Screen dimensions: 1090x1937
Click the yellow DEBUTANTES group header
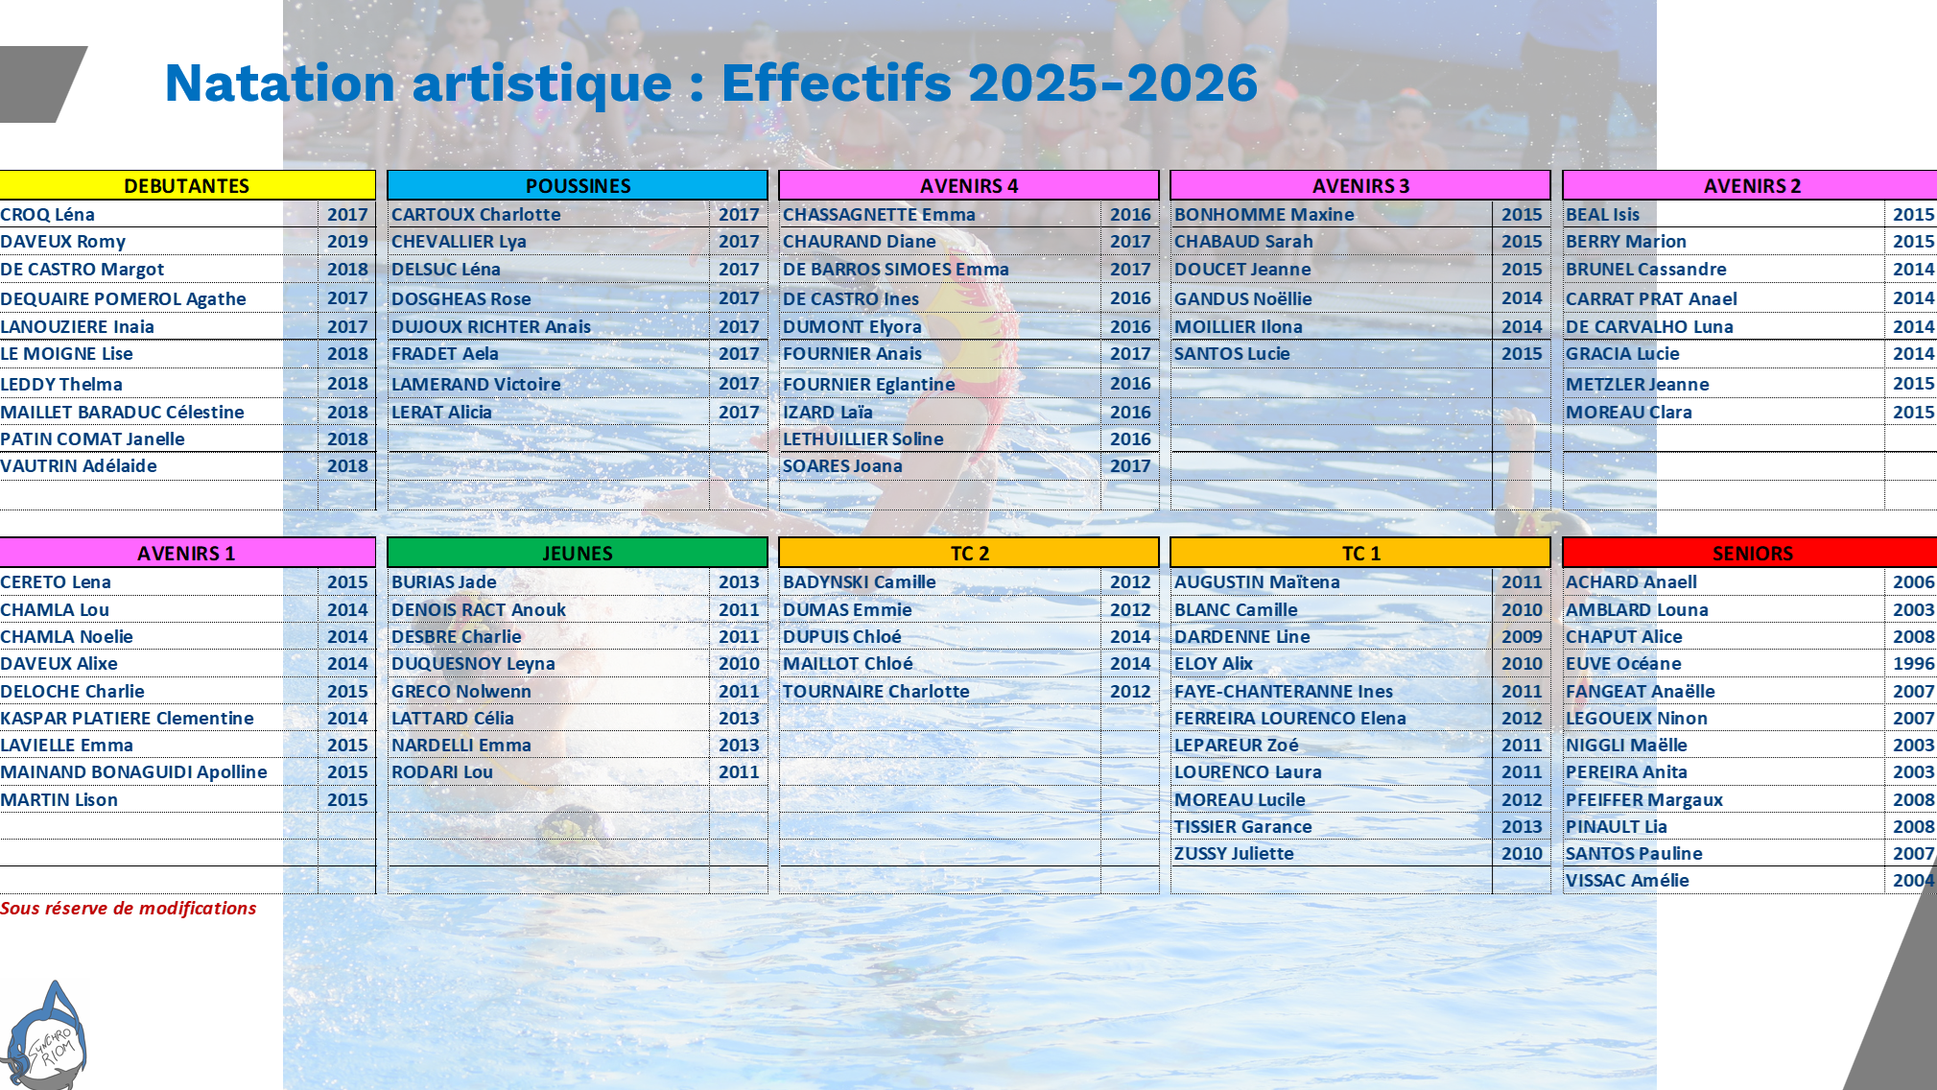(187, 185)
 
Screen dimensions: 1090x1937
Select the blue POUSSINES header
(578, 185)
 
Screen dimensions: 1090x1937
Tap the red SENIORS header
(1751, 553)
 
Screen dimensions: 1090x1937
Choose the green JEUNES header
(578, 553)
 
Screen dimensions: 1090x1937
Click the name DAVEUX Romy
(63, 242)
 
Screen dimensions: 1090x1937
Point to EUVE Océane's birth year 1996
(1913, 663)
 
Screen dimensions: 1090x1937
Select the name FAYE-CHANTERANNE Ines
(1284, 691)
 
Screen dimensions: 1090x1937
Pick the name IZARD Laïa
(828, 412)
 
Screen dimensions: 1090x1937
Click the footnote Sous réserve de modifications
(129, 908)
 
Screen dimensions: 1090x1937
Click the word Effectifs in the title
(837, 83)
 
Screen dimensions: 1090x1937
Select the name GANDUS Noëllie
(1243, 298)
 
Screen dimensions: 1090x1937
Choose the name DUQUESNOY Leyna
(473, 663)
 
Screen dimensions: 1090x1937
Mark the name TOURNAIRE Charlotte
(876, 691)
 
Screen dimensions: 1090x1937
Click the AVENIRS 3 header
(1360, 185)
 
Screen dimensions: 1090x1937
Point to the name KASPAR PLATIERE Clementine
(128, 718)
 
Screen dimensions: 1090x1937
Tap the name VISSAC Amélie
(1627, 880)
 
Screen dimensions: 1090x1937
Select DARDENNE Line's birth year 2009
(1522, 636)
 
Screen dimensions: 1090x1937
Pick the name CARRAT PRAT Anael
(1651, 298)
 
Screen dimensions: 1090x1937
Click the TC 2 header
(969, 553)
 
